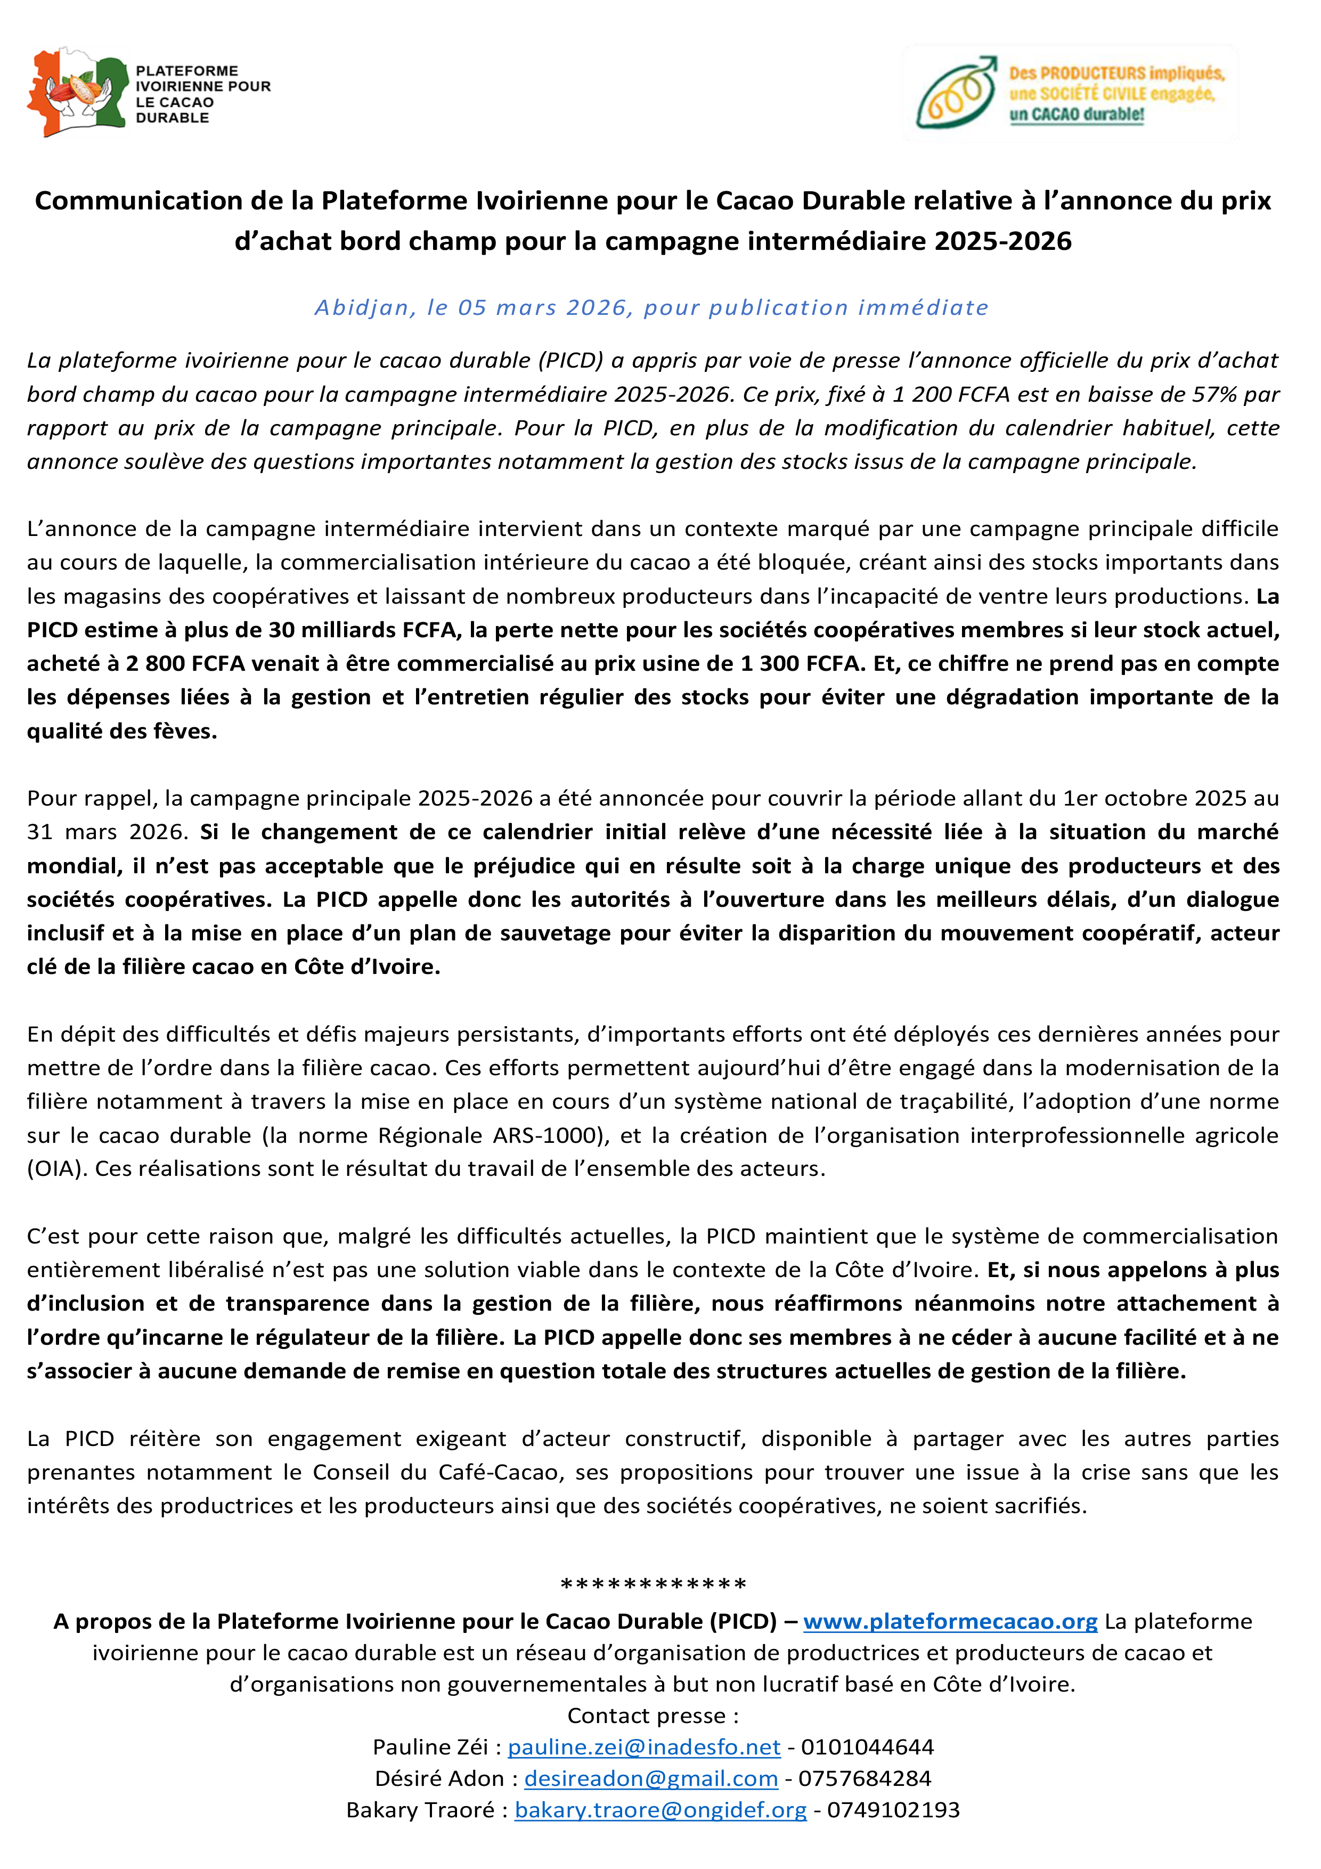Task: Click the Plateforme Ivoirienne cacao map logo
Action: click(77, 92)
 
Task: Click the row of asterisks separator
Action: click(654, 1585)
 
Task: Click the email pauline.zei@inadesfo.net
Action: click(644, 1747)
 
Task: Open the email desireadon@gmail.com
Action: click(650, 1778)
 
